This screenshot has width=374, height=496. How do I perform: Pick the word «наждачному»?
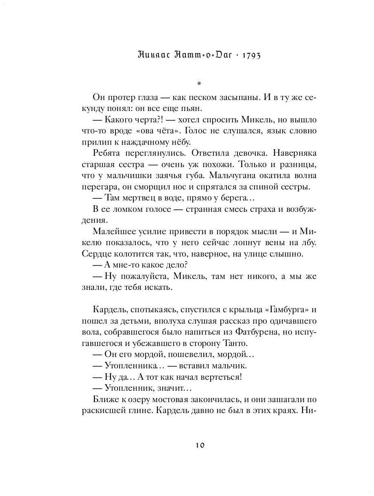pyautogui.click(x=143, y=143)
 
